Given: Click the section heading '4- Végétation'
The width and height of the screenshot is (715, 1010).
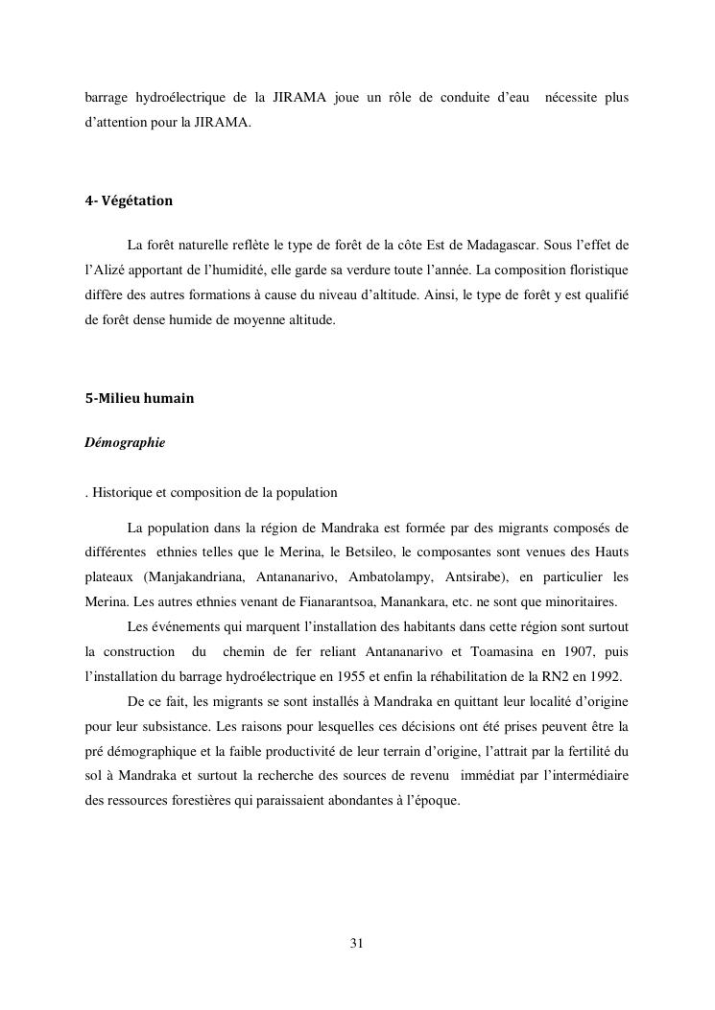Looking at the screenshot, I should tap(129, 201).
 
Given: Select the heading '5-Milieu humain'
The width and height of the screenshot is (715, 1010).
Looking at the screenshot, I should tap(139, 398).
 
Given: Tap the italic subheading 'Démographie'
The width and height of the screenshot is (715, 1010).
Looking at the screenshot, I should tap(125, 443).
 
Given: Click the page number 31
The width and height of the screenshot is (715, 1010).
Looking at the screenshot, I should tap(357, 943).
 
